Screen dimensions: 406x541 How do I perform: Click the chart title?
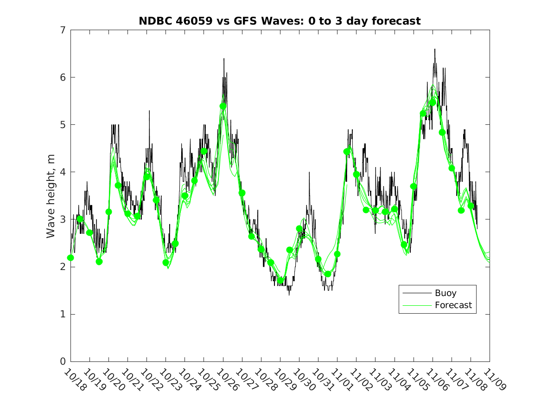coord(280,21)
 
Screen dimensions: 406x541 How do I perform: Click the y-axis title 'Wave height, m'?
coord(51,196)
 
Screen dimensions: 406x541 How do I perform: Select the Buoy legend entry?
coord(445,293)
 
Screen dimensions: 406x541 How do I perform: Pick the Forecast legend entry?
coord(453,305)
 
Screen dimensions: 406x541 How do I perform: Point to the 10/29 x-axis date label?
coord(284,379)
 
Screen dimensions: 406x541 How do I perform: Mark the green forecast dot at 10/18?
coord(70,258)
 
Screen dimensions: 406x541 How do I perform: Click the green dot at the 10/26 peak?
coord(223,106)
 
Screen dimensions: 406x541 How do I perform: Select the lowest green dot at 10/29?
coord(280,281)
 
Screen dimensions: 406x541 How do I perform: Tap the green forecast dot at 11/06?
coord(433,103)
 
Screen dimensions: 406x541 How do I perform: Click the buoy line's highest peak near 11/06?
coord(435,50)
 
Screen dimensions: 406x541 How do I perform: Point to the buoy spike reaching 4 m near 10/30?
coord(309,172)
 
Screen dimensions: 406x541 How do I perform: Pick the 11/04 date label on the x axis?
coord(398,379)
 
